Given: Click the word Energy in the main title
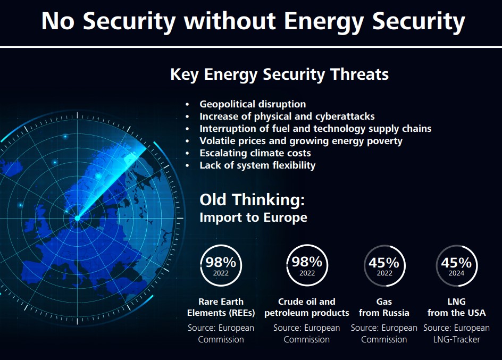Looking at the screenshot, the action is [323, 22].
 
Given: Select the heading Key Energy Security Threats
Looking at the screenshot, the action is [280, 74].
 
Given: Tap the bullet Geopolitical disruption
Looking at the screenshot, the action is [253, 104].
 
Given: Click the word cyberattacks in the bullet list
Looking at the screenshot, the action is [345, 116].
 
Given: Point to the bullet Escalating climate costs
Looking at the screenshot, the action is [255, 153].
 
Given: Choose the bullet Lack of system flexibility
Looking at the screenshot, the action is [257, 165].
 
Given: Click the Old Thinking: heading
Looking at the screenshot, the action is [252, 200].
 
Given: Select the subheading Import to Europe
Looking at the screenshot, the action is [253, 217].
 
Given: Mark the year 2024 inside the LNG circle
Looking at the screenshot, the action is [456, 273].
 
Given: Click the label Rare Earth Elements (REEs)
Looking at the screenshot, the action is [221, 307].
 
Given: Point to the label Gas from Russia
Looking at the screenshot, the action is [384, 307].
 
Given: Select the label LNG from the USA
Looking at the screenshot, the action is [457, 307].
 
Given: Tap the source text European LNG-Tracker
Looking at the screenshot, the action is [457, 333].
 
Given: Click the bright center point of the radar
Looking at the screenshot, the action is [77, 218].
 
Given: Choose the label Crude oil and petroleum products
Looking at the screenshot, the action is [307, 307].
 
